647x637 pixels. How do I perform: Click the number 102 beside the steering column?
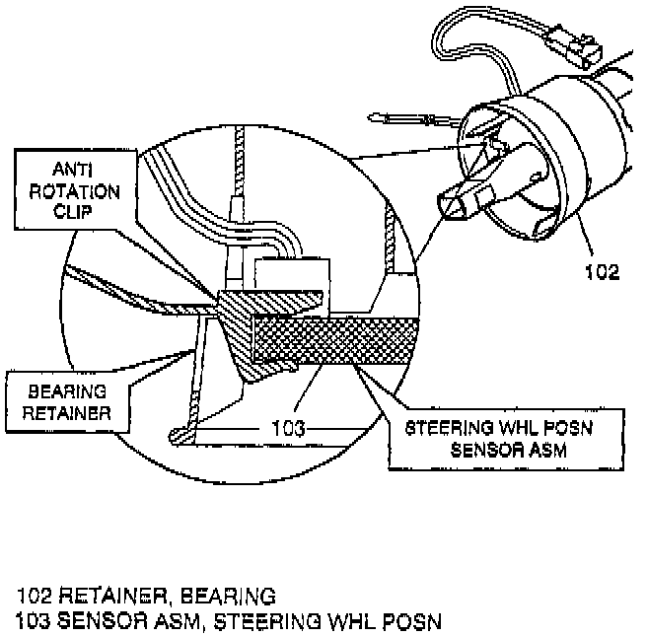[601, 272]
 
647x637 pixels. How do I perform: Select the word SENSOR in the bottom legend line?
[101, 621]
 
